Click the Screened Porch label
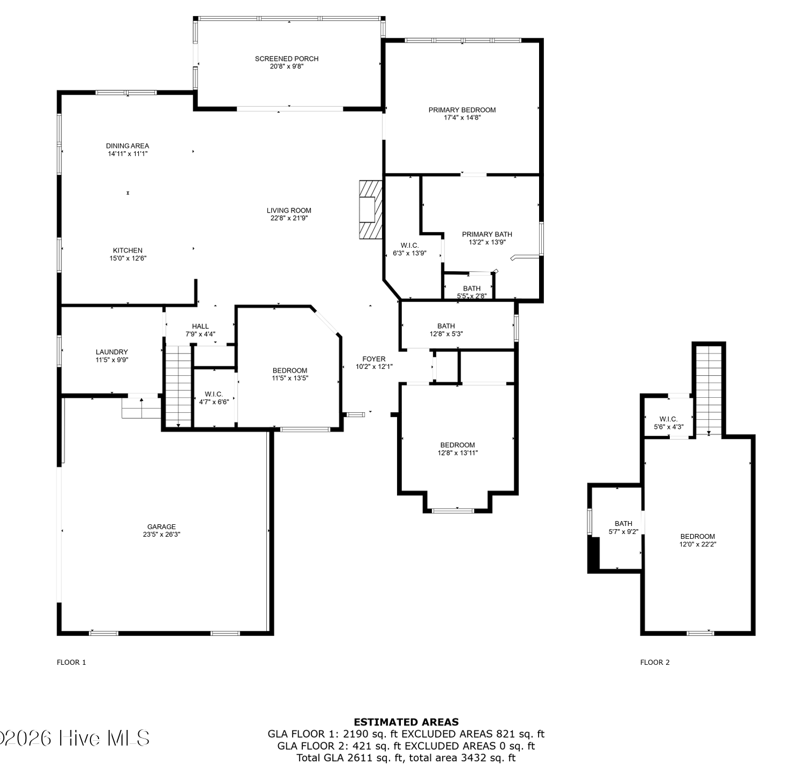[x=287, y=59]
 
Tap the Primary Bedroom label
[x=462, y=110]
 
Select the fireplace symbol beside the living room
[x=371, y=209]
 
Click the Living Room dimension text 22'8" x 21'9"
[x=289, y=218]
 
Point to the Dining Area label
[x=128, y=146]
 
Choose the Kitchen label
[x=128, y=250]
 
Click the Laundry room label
[x=112, y=352]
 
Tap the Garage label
[x=161, y=527]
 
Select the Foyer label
[x=374, y=359]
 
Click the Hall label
[x=200, y=326]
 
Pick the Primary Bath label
[x=487, y=234]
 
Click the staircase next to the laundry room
[x=178, y=386]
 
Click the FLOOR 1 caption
[x=72, y=663]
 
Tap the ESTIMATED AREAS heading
[x=406, y=722]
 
